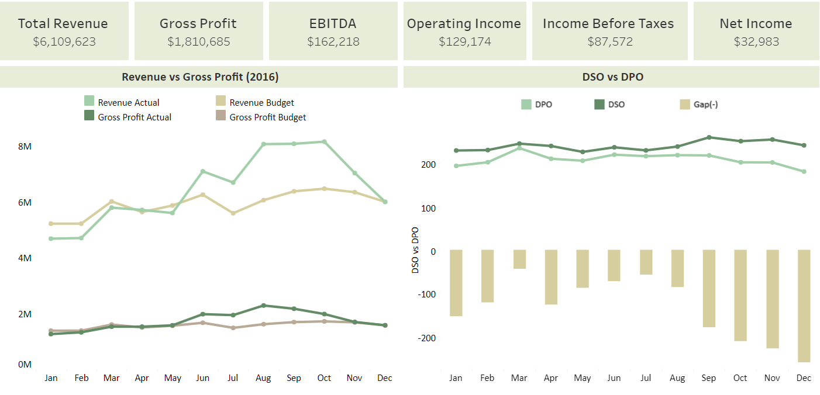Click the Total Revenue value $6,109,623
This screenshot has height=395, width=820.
(64, 41)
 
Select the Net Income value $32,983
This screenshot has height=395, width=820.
(756, 41)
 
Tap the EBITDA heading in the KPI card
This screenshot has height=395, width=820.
(333, 23)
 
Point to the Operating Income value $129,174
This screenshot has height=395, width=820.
(464, 41)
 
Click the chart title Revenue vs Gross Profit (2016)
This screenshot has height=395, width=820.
(199, 77)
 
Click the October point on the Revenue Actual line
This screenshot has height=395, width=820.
(324, 141)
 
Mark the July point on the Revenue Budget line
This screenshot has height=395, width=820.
(233, 213)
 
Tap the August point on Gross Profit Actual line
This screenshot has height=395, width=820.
(263, 306)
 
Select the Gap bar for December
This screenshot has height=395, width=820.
(804, 306)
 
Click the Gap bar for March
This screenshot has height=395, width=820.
(519, 259)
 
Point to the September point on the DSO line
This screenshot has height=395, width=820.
(709, 137)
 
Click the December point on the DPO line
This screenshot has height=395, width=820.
(804, 171)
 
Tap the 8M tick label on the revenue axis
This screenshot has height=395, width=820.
(25, 146)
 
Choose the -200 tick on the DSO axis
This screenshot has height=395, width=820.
(426, 338)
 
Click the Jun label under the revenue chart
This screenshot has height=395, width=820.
(202, 378)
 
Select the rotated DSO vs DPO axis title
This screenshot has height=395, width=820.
(416, 251)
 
